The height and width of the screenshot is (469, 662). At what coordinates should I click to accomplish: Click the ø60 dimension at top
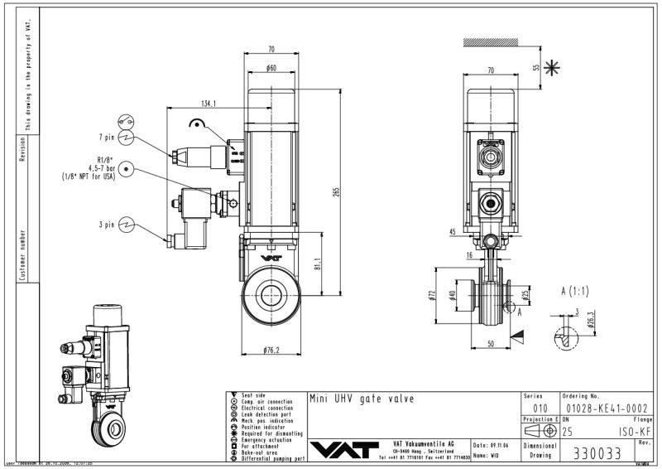point(271,68)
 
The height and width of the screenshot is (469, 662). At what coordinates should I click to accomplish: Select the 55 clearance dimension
point(535,67)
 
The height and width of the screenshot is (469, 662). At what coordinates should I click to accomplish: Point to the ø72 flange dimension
point(431,296)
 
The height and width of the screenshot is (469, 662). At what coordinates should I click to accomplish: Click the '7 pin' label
point(106,138)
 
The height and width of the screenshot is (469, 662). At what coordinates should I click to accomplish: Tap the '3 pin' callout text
point(106,224)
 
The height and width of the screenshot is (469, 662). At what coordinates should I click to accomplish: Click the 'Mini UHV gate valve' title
point(361,399)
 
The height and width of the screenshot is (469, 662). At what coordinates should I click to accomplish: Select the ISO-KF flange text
point(631,432)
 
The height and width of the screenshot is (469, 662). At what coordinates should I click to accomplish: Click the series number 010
point(540,409)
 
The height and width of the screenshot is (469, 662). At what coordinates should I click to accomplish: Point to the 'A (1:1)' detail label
point(573,291)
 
